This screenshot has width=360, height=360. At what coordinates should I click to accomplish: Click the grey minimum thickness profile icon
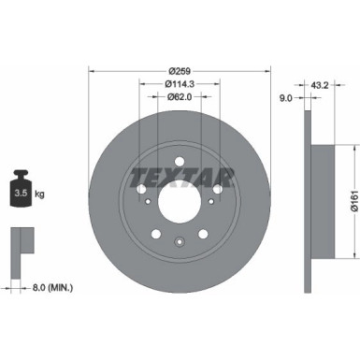pos(18,241)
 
